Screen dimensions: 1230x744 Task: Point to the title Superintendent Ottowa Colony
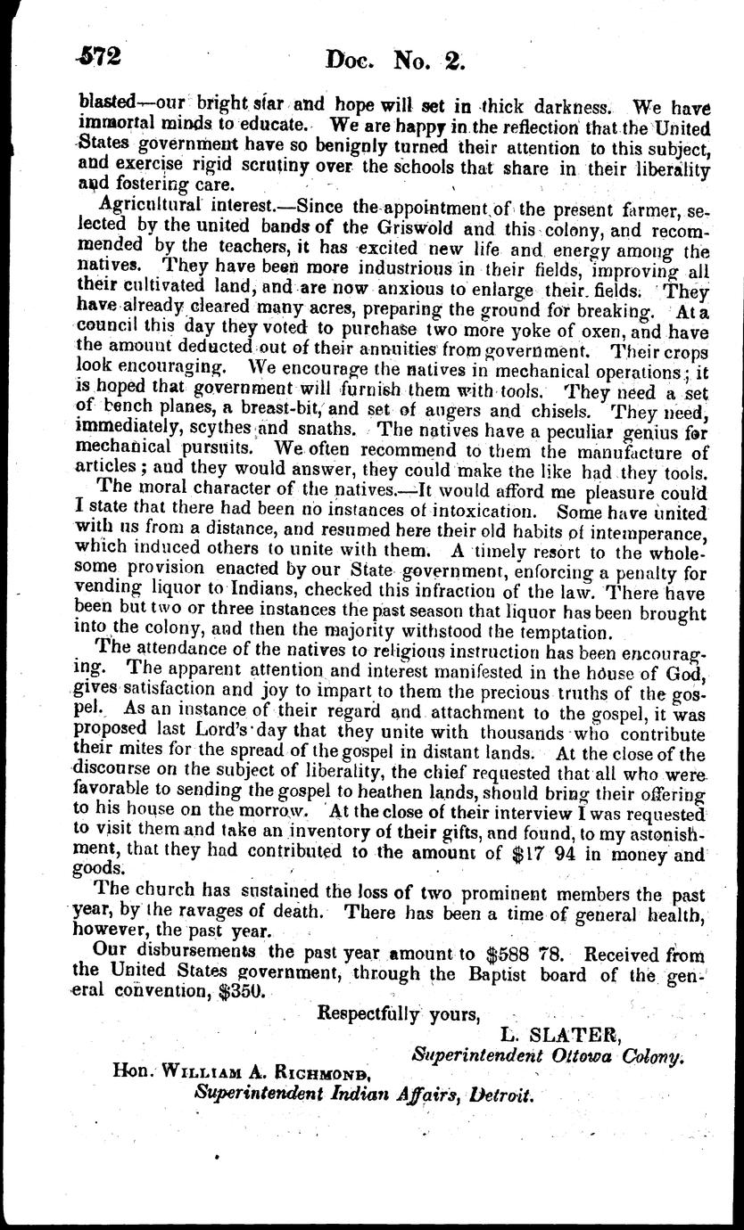pyautogui.click(x=548, y=1054)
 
